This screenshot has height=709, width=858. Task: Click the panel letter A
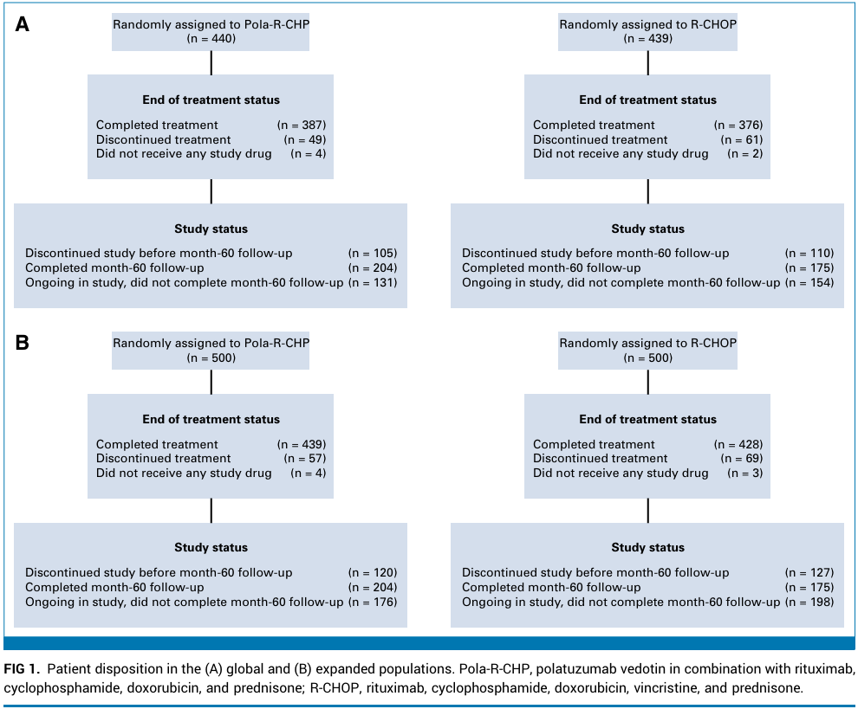click(22, 24)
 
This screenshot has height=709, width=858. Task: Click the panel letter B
click(22, 343)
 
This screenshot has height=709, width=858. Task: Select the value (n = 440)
click(211, 38)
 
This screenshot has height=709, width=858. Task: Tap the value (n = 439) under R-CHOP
click(648, 38)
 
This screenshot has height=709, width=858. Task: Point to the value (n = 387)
click(302, 126)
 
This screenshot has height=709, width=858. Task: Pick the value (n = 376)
click(738, 126)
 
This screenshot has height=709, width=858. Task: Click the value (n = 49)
click(305, 139)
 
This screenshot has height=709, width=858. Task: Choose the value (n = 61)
click(742, 139)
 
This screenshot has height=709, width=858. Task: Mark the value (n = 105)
click(373, 253)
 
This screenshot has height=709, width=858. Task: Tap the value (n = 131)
click(373, 282)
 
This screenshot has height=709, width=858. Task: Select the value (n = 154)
click(809, 282)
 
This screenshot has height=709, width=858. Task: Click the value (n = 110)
click(809, 253)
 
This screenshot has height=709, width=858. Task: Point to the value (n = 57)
click(305, 459)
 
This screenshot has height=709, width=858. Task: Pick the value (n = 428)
click(738, 444)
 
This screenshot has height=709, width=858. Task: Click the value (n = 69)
click(742, 459)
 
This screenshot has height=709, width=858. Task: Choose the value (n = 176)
click(373, 602)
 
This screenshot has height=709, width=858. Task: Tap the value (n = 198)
click(809, 602)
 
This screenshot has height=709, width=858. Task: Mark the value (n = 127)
click(809, 572)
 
